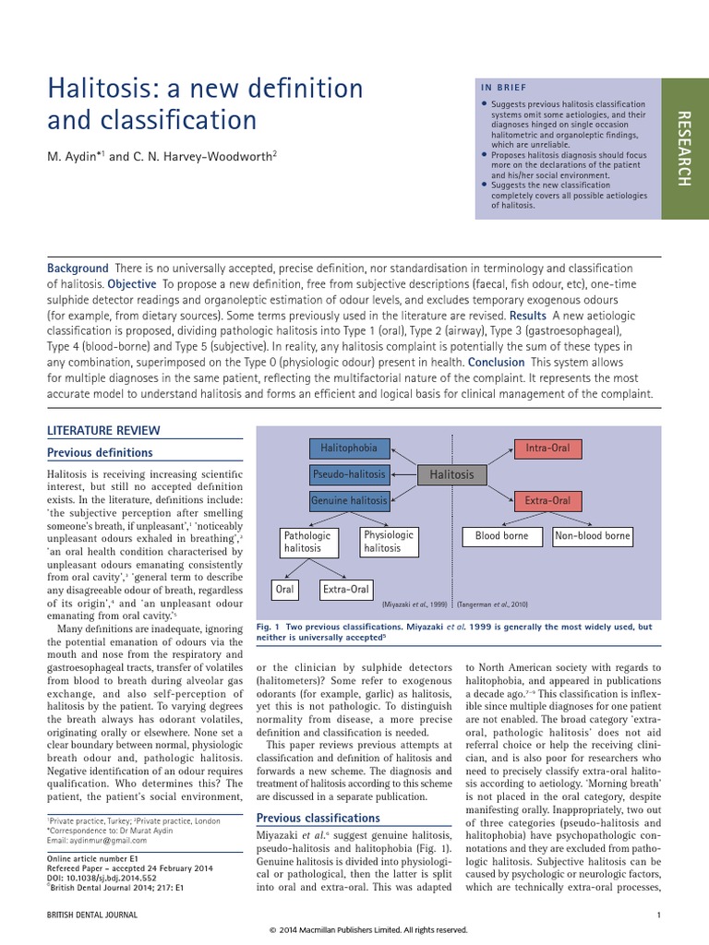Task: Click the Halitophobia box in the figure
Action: pos(349,449)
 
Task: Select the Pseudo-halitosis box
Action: pos(349,474)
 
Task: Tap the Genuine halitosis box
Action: pos(349,500)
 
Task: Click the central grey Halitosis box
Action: pos(451,474)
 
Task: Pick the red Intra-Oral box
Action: pos(547,449)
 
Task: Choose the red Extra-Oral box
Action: pos(547,501)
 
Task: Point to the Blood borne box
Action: pos(502,535)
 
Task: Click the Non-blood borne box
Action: pos(593,535)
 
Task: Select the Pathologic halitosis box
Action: pos(306,541)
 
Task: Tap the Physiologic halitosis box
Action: pos(389,541)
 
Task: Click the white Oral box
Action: pos(285,589)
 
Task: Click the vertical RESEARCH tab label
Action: pos(684,148)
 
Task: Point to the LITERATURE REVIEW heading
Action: pos(103,430)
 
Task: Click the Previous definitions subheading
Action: pos(100,452)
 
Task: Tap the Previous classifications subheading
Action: pos(318,818)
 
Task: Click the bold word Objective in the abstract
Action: pos(131,283)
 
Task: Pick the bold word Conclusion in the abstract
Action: pos(497,362)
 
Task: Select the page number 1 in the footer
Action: pos(659,915)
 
